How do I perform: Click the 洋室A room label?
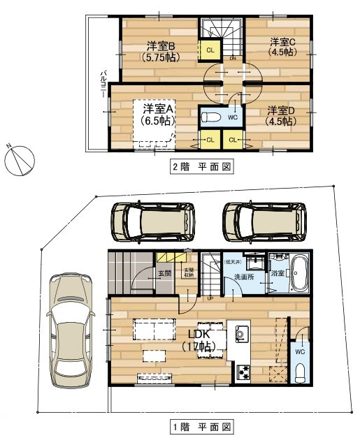(159, 115)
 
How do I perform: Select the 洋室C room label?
(283, 47)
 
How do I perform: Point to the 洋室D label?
(280, 115)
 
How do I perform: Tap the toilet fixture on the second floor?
(213, 117)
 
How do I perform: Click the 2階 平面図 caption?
(201, 167)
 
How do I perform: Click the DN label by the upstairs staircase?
(232, 59)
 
